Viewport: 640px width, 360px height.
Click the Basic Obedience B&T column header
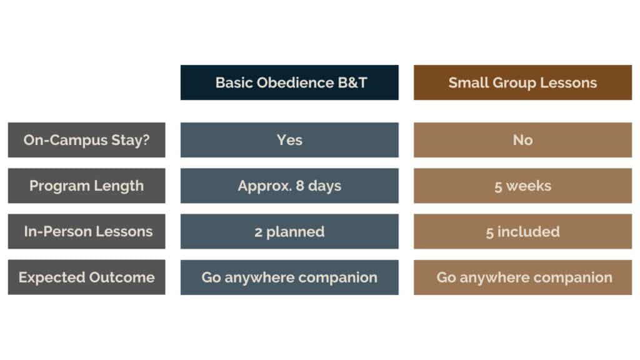pos(289,82)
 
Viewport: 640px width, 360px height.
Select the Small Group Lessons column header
pos(523,82)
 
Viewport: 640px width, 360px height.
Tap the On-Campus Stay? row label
pos(86,140)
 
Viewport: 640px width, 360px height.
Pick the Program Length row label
pos(86,186)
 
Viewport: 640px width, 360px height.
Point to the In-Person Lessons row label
pos(86,231)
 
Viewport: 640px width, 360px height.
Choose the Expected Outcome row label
pos(86,277)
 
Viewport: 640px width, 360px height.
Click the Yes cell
pos(289,140)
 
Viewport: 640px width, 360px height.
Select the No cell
pos(523,140)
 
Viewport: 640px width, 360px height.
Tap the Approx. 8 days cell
pos(289,186)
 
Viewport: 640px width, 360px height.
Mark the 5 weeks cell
pos(523,186)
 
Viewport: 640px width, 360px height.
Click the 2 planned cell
pos(289,231)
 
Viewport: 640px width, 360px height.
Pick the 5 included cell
pos(523,231)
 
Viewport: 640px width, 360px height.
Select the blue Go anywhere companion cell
pos(289,277)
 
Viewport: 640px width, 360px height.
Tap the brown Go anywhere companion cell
pos(523,277)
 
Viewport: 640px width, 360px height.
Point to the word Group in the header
pos(514,83)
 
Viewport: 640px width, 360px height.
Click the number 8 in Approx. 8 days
pos(300,186)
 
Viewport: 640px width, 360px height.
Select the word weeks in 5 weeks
pos(529,186)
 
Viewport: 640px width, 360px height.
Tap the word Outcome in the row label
pos(122,277)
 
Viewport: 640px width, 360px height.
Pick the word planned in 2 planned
pos(295,232)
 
